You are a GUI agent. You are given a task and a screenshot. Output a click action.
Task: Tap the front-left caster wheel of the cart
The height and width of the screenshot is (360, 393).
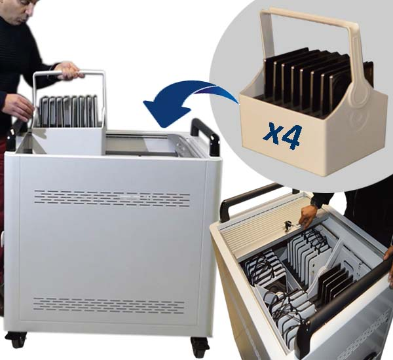tap(16, 340)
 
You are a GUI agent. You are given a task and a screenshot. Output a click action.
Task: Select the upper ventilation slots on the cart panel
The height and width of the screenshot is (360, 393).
tap(112, 198)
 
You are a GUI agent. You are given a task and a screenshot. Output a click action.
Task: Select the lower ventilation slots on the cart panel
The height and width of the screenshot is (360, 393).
tap(108, 306)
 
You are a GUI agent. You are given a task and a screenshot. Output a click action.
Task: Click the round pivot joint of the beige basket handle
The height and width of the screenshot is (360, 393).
tap(357, 95)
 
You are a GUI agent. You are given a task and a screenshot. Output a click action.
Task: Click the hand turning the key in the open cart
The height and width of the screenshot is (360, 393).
tap(308, 217)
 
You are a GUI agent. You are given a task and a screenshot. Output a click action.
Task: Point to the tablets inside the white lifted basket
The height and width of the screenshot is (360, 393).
tap(67, 111)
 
